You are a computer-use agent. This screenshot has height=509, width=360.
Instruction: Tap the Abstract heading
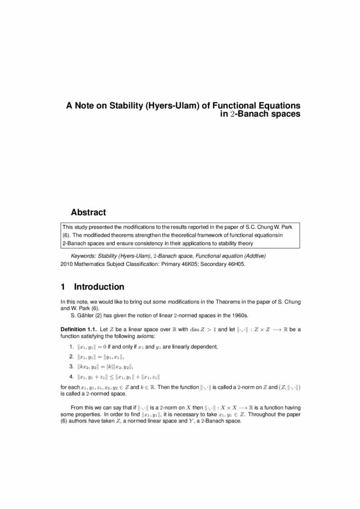[x=89, y=213]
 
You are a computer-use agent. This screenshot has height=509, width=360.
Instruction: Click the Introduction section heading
[x=99, y=287]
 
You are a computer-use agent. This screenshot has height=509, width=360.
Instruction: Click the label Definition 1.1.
[x=79, y=330]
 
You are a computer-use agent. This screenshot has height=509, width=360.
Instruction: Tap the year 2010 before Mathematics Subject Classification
[x=66, y=264]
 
